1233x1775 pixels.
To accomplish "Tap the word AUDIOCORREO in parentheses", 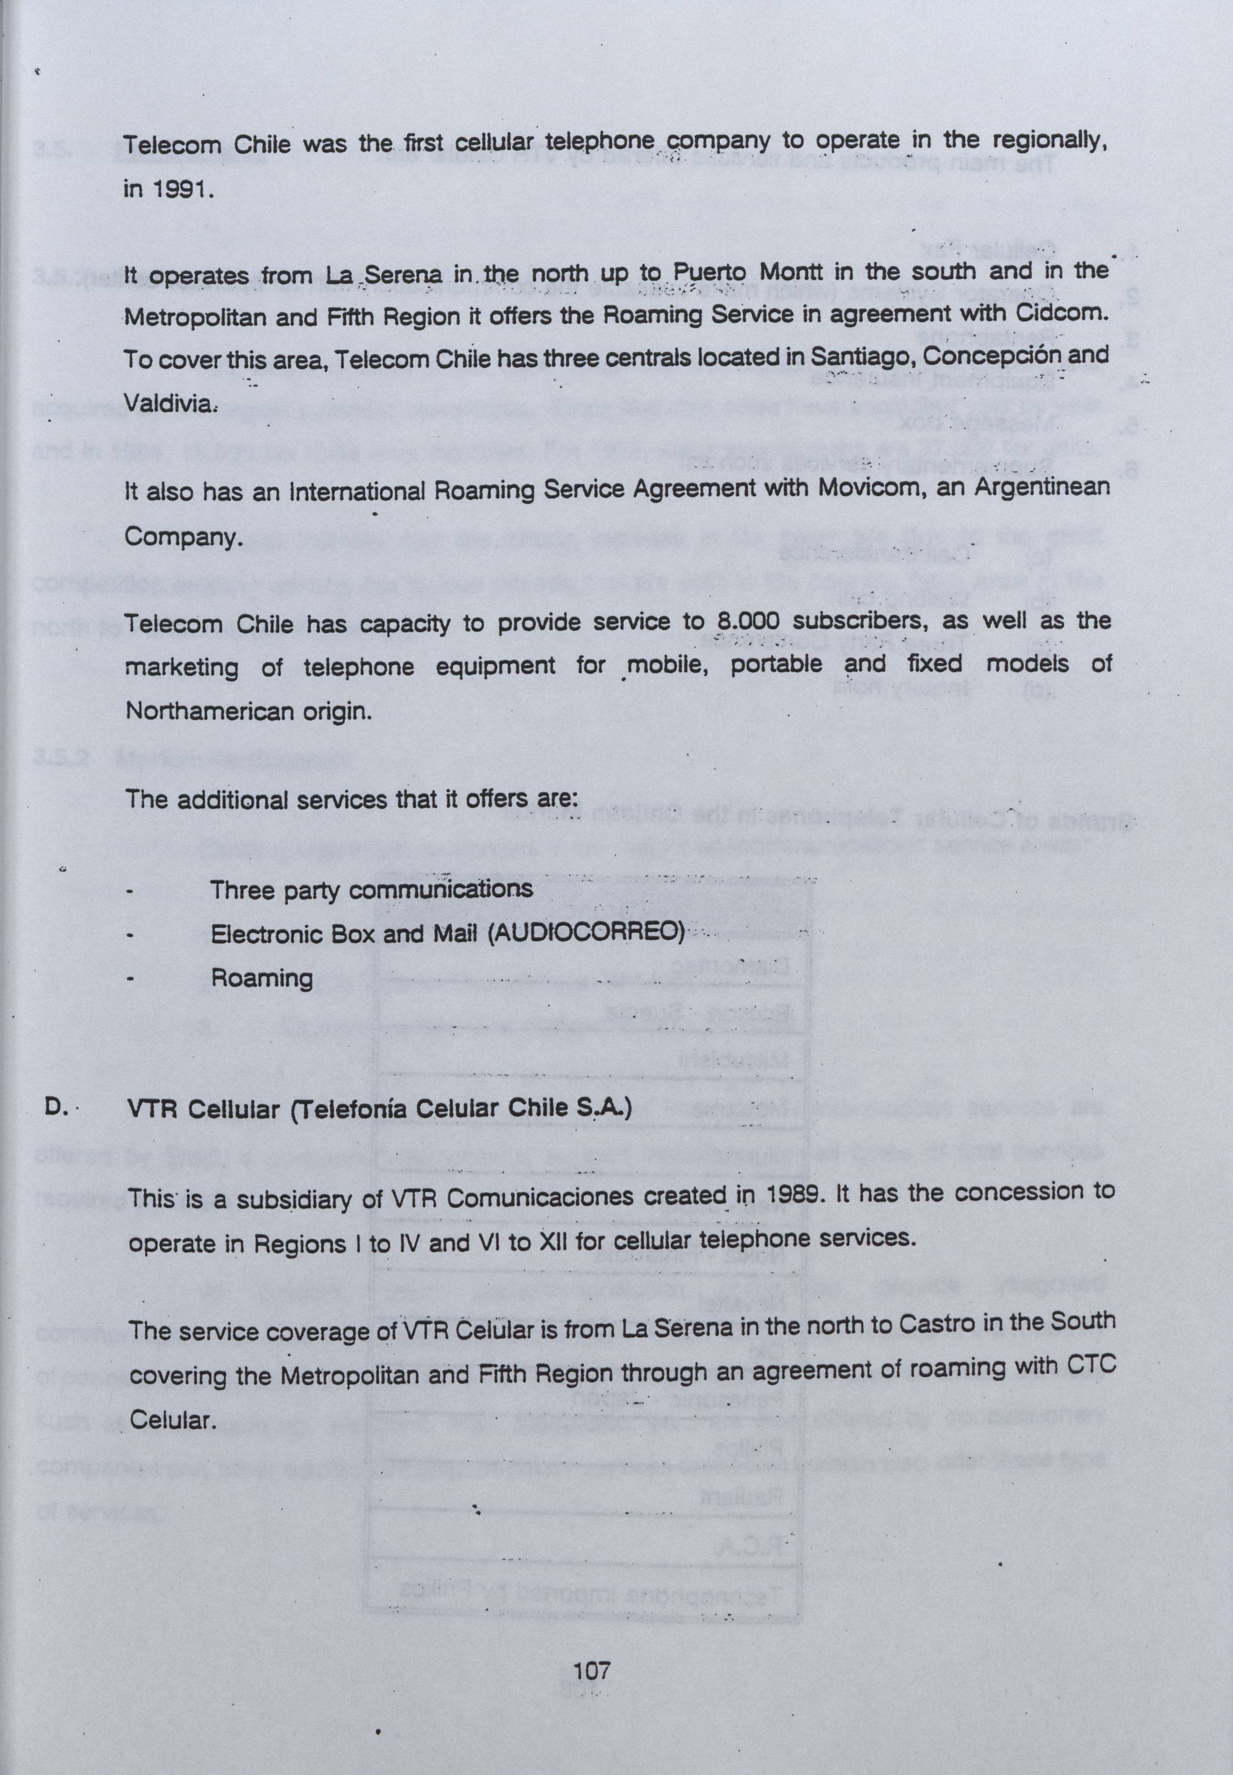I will click(587, 933).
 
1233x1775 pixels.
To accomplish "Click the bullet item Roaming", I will click(262, 978).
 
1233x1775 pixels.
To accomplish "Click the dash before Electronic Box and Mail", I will click(131, 936).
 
